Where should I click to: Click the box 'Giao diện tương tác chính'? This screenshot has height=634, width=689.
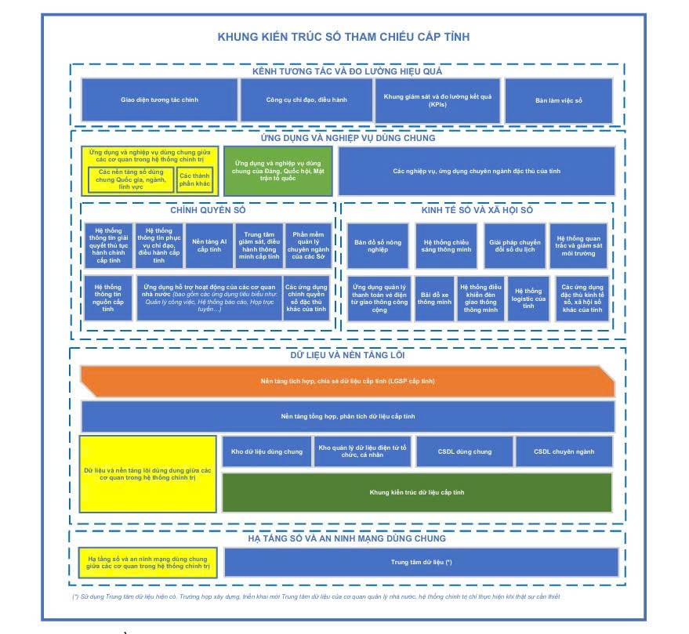[x=159, y=100]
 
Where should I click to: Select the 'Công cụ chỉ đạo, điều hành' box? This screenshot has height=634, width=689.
[x=306, y=100]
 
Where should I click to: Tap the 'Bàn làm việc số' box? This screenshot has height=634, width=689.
[x=559, y=100]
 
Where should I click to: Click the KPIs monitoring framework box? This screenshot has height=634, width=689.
[x=437, y=100]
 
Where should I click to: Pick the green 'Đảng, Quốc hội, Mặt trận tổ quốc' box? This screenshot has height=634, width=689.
[x=277, y=170]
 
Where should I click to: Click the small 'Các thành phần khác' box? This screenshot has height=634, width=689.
[x=194, y=180]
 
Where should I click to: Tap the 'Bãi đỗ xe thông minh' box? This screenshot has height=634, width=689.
[x=433, y=298]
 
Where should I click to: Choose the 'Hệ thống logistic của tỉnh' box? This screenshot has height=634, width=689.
[x=528, y=298]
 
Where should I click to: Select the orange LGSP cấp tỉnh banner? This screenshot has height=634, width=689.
[x=347, y=381]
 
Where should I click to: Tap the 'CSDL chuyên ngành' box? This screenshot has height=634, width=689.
[x=564, y=451]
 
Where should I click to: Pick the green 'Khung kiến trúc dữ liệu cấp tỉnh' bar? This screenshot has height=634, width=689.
[x=416, y=492]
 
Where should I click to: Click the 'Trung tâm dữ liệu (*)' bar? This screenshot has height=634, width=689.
[x=421, y=562]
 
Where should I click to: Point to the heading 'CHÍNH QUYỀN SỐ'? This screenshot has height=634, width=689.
[x=208, y=210]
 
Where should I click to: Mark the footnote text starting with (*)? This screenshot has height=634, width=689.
[x=316, y=596]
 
